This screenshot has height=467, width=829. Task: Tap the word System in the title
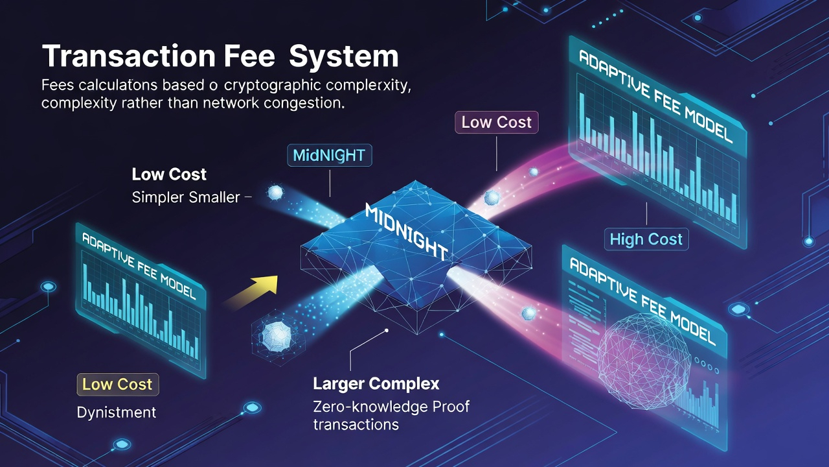coord(344,56)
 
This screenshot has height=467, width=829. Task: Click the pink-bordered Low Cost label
coord(496,122)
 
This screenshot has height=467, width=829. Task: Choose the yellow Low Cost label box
coord(117,384)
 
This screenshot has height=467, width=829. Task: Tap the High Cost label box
coord(646,239)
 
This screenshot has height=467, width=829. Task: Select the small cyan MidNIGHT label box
coord(329,156)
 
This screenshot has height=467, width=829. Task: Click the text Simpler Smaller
coord(186,197)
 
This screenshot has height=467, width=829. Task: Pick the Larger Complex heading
coord(376,383)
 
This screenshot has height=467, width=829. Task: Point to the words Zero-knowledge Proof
coord(391,407)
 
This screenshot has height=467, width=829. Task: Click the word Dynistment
coord(116,412)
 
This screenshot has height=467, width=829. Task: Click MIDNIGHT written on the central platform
coord(407,231)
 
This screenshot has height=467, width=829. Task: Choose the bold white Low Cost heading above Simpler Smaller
coord(169,174)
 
